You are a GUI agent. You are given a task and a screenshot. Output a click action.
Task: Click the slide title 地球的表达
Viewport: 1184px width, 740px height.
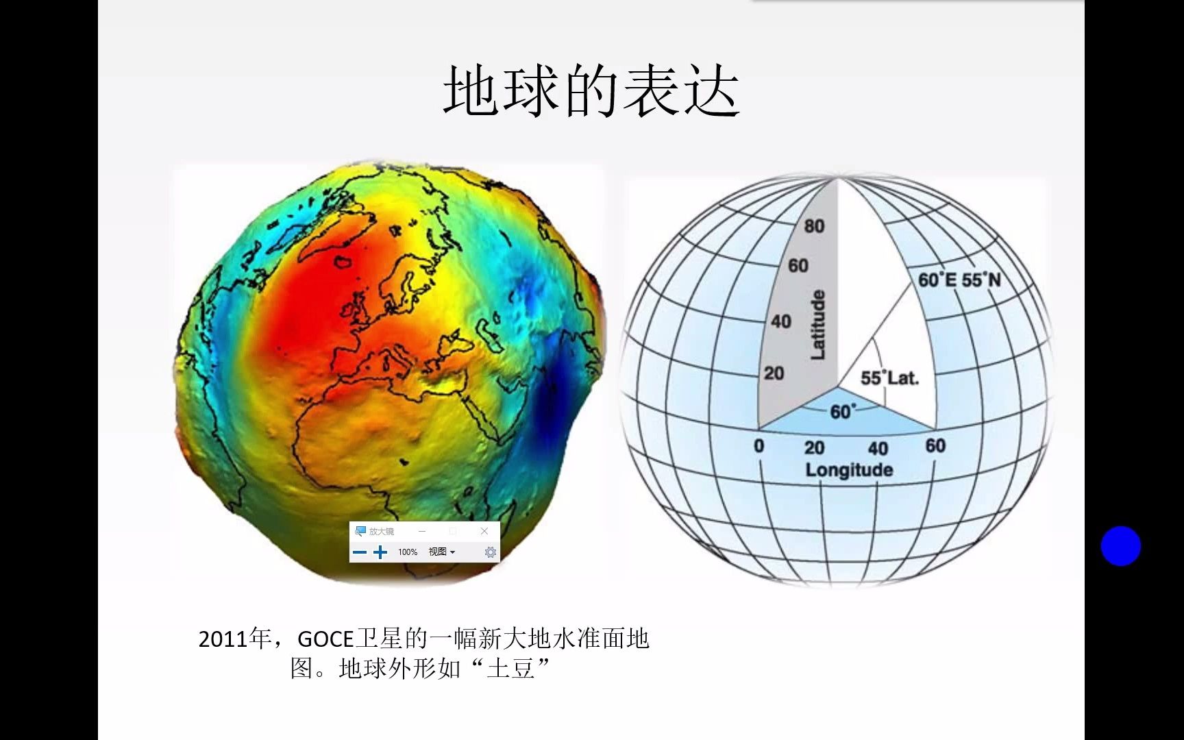pos(591,92)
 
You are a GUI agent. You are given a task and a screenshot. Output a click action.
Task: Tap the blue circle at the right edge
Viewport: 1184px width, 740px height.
pos(1120,546)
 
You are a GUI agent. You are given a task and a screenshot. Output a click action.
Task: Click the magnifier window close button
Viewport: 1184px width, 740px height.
pos(484,531)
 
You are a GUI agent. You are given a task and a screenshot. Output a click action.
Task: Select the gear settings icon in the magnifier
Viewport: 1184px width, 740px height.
pos(490,552)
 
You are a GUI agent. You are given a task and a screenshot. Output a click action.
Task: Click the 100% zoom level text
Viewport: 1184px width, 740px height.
pos(408,552)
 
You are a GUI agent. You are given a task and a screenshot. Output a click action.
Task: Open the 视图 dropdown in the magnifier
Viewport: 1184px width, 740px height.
pos(441,552)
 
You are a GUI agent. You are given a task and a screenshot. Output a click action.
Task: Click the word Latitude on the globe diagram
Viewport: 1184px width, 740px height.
pos(818,324)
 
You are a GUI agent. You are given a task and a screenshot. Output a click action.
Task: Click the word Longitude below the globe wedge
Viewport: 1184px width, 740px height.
pos(849,470)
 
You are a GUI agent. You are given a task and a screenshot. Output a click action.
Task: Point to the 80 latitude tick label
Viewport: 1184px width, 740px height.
pos(814,226)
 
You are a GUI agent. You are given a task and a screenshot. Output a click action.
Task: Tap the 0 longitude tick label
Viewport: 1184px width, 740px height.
pos(758,446)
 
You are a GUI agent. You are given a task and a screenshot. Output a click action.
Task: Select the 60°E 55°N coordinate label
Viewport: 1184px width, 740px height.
pos(959,280)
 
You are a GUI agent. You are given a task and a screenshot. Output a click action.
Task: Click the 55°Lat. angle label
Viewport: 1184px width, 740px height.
pos(889,378)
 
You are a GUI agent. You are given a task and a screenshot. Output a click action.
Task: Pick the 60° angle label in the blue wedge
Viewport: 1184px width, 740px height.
pos(842,412)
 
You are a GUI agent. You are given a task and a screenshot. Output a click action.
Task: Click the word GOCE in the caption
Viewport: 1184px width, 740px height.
pos(325,639)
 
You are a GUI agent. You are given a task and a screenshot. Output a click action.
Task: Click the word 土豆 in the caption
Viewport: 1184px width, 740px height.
pos(510,669)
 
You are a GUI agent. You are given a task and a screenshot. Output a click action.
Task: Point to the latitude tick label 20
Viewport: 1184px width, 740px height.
pos(774,373)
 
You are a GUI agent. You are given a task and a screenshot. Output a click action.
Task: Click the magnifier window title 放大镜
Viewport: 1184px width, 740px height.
pos(382,532)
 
